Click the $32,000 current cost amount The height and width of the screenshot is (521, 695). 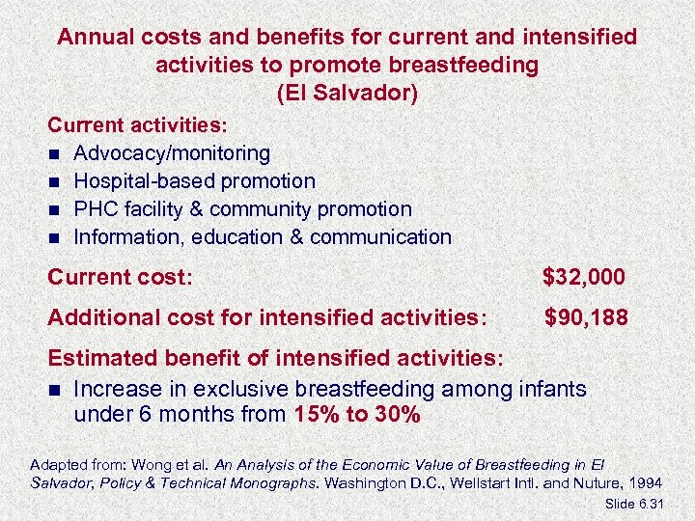(583, 278)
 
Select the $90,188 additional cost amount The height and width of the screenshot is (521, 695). (585, 316)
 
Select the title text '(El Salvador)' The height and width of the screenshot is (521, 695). (347, 95)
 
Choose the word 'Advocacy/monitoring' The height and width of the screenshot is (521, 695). (172, 153)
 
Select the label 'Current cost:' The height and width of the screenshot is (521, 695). (121, 278)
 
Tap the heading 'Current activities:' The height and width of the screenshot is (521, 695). (139, 126)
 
